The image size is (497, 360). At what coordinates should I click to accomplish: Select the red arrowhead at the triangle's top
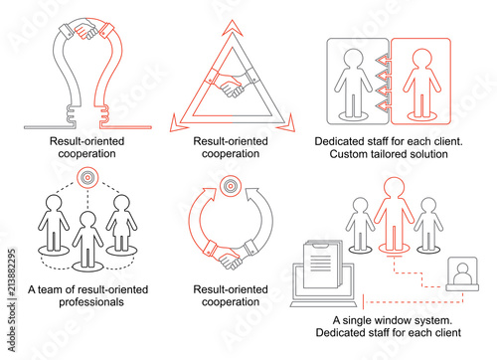(x=233, y=28)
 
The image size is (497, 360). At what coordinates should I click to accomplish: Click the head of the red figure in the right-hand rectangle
(x=422, y=59)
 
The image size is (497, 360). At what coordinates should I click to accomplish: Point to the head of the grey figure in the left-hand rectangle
(x=354, y=59)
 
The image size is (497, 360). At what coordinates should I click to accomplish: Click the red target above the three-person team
(x=87, y=177)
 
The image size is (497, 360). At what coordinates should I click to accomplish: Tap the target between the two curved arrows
(x=231, y=186)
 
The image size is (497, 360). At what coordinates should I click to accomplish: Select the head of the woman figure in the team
(x=121, y=204)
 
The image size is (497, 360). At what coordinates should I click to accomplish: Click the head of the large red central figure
(x=394, y=188)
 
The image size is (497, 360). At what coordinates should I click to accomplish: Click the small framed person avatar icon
(x=462, y=273)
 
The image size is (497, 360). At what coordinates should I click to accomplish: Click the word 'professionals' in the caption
(x=91, y=302)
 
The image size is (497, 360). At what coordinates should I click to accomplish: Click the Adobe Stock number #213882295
(x=12, y=272)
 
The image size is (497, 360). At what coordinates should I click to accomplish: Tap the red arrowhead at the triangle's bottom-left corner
(x=177, y=123)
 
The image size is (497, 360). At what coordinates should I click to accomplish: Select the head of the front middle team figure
(x=88, y=220)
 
